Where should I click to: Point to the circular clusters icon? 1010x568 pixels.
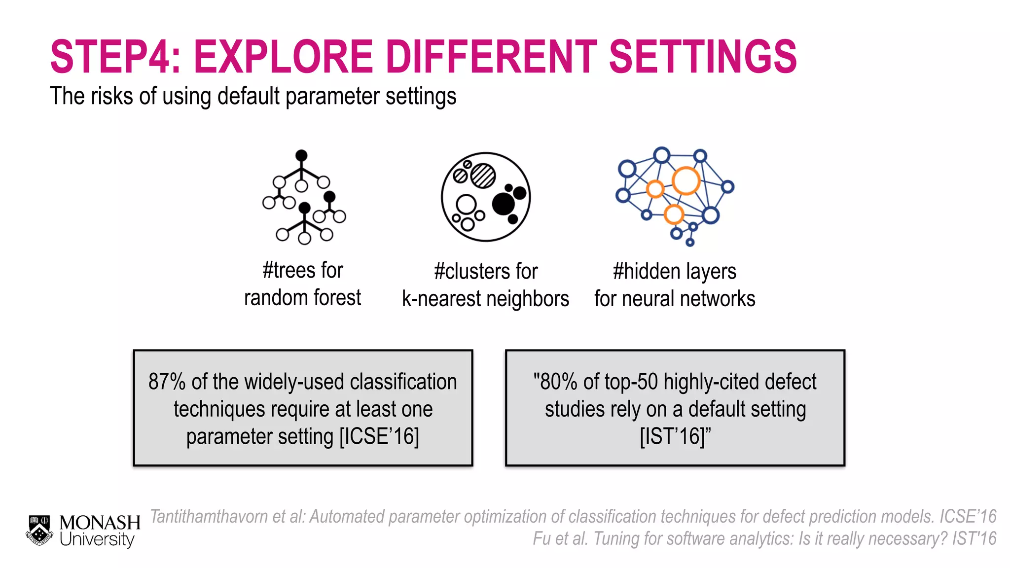point(486,197)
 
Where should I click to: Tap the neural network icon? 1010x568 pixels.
point(675,196)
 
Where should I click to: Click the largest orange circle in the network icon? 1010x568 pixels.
point(686,181)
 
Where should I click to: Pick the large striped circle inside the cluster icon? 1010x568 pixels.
point(483,176)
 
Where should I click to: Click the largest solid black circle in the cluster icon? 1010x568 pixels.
point(504,204)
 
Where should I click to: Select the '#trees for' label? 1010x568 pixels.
point(303,270)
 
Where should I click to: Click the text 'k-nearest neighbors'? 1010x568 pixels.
point(485,299)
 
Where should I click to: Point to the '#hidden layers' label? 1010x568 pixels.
point(674,271)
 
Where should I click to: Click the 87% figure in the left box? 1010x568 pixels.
point(167,382)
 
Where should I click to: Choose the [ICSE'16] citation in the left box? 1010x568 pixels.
point(379,436)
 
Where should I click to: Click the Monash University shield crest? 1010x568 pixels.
point(39,530)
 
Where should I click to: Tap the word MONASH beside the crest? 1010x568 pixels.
point(100,522)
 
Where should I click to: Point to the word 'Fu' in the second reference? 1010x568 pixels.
point(541,538)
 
